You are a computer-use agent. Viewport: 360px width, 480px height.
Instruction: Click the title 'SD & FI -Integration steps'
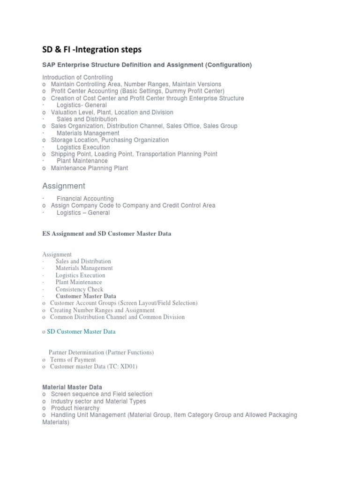(92, 49)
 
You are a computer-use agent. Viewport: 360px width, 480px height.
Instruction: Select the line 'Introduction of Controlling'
(77, 77)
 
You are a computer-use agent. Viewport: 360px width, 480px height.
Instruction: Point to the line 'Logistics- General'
(82, 105)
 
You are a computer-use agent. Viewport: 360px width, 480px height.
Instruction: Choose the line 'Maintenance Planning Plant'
(89, 168)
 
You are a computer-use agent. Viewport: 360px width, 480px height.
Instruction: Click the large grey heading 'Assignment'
(64, 186)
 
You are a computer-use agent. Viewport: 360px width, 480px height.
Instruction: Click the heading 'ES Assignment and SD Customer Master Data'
(107, 233)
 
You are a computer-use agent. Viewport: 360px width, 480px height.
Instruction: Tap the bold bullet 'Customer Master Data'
(86, 296)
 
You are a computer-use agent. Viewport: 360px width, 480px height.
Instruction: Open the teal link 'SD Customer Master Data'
(81, 331)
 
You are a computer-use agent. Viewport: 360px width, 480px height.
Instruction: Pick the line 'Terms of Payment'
(73, 360)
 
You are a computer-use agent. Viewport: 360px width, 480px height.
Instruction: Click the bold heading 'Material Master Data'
(72, 387)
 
